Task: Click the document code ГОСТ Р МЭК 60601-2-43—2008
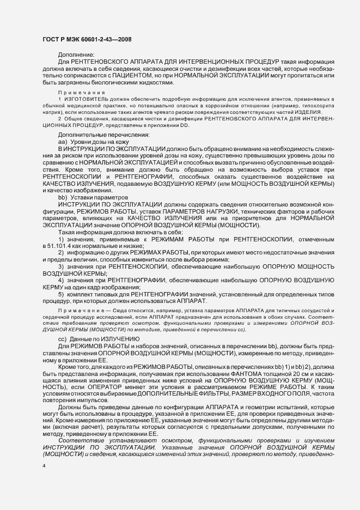[86, 39]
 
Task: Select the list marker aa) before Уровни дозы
[63, 142]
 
